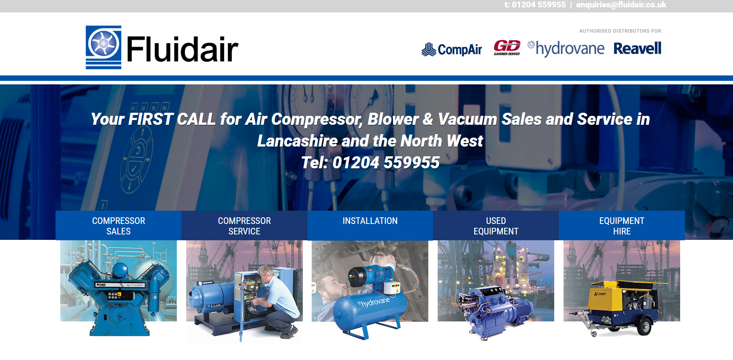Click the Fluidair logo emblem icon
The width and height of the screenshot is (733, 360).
103,47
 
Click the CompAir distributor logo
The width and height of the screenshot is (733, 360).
452,49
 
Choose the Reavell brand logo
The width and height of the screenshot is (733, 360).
637,49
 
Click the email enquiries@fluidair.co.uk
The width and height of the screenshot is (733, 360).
621,5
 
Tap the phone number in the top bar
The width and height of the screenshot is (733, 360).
535,5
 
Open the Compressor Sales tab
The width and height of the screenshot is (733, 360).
119,225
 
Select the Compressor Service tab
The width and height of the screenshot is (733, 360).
244,225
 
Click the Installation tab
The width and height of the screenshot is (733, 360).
370,225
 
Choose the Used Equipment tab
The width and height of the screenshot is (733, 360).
496,225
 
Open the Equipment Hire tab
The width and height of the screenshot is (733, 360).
622,225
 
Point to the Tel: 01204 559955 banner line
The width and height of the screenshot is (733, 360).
370,163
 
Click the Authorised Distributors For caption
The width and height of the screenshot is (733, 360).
621,31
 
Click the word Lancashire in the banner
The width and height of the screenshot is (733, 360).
297,141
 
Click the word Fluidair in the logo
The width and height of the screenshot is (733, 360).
182,49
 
